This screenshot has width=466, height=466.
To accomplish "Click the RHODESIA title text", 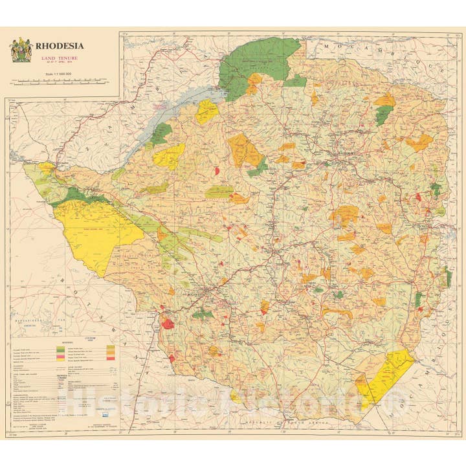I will point(60,46).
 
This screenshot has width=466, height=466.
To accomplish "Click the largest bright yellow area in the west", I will point(97,227).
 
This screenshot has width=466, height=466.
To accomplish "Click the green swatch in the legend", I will point(61,349).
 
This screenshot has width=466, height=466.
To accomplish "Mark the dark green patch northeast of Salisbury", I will point(383,115).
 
